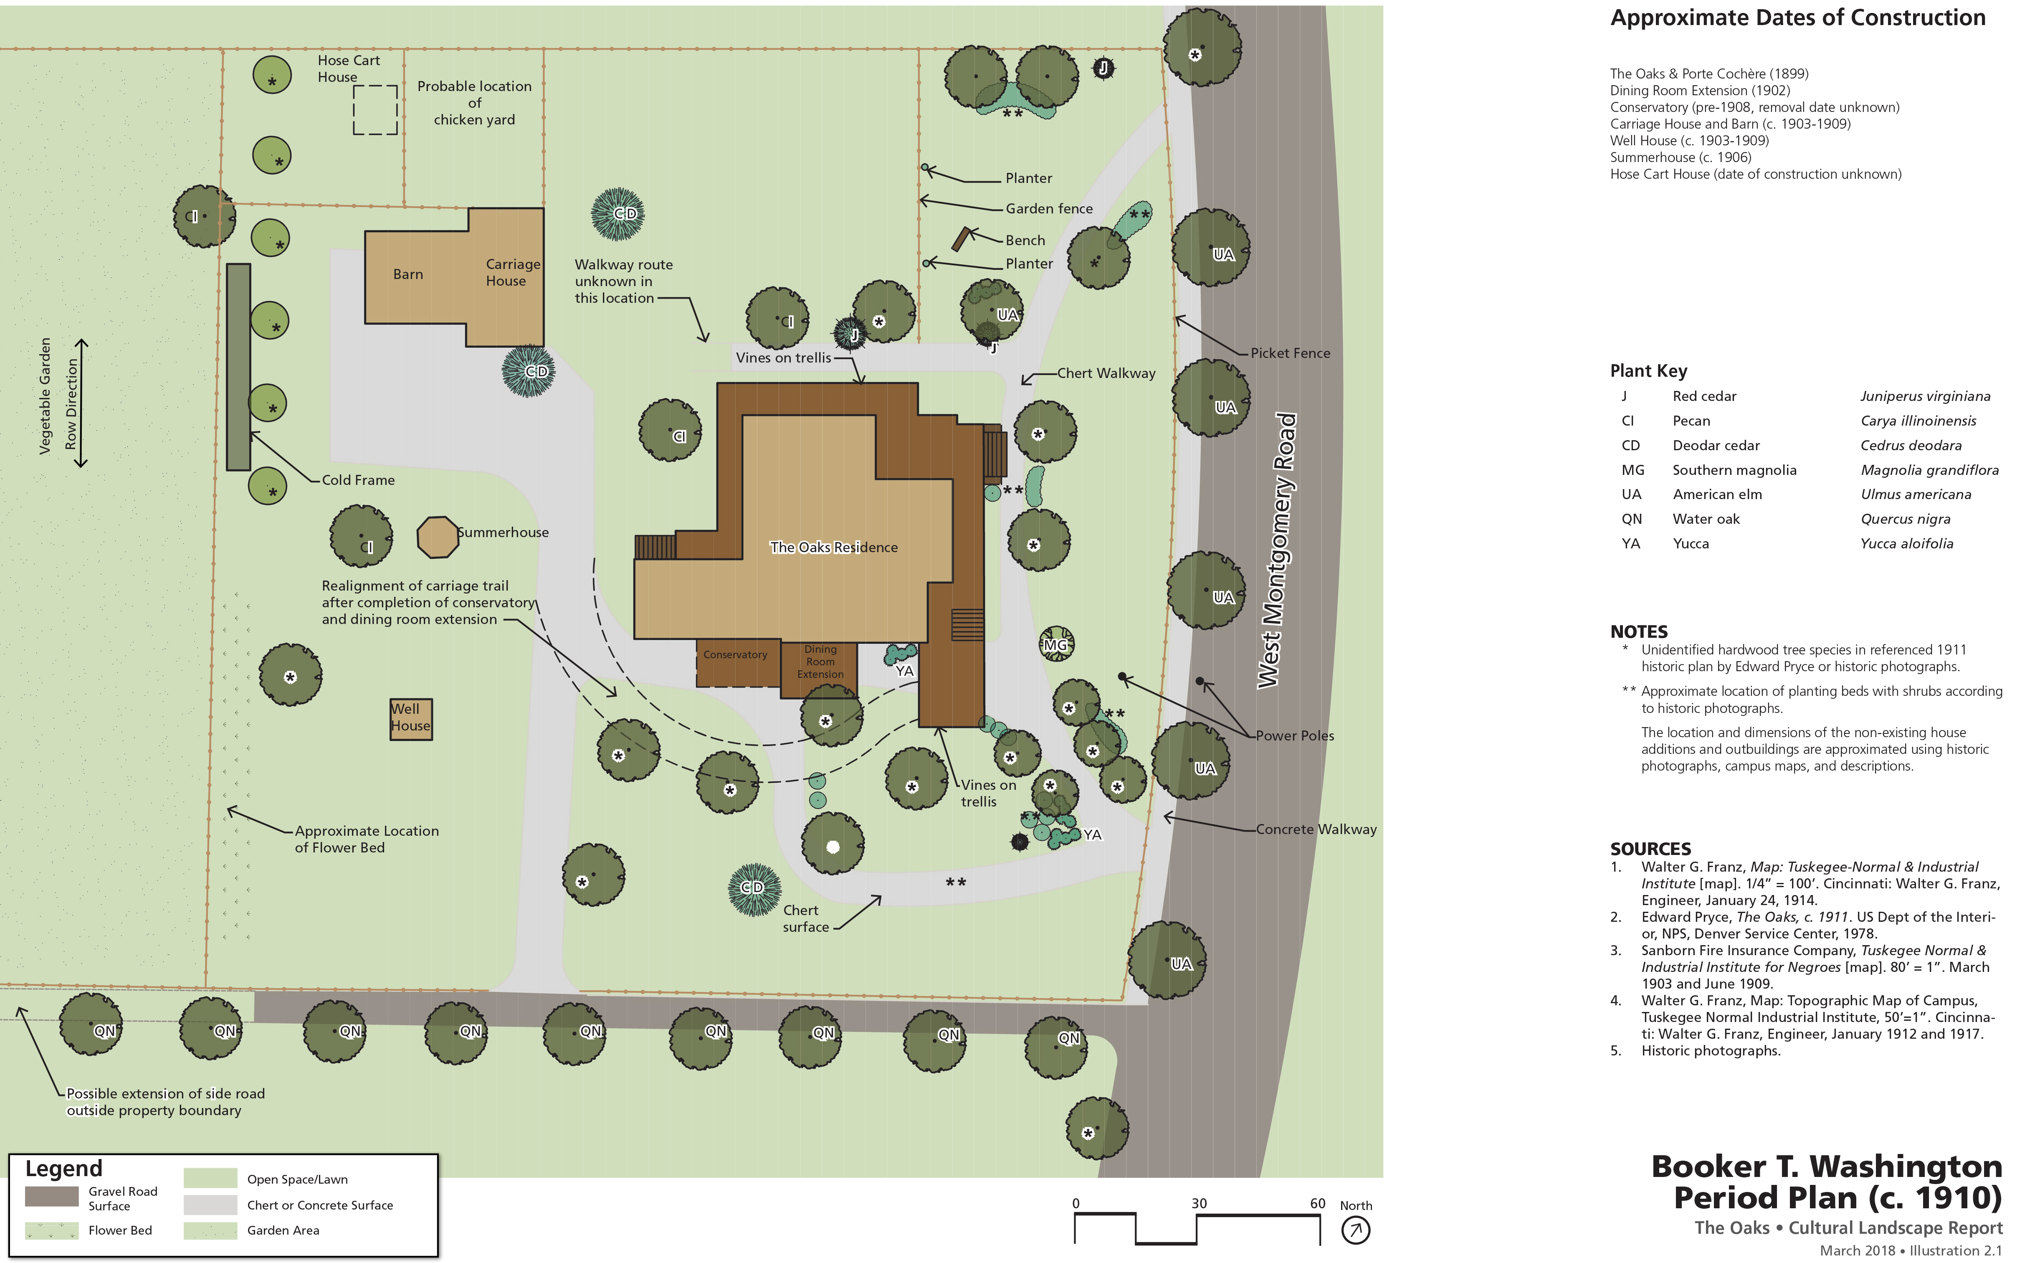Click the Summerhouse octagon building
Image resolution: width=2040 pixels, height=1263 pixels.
(438, 537)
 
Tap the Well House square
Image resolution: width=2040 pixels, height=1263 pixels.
(411, 718)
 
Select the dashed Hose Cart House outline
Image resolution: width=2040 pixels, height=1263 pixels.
(375, 109)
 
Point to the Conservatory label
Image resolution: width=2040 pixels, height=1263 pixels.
(735, 655)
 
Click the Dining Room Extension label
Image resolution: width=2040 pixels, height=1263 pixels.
(820, 662)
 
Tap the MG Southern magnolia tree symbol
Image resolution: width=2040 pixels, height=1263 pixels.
(1056, 644)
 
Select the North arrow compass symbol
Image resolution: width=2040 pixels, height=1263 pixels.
(1355, 1230)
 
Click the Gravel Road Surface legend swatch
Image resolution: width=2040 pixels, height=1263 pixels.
(52, 1197)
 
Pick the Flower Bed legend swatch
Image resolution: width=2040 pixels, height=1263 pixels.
(52, 1230)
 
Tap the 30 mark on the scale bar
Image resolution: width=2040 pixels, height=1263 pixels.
(1198, 1204)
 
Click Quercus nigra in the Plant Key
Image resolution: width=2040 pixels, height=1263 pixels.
(1905, 519)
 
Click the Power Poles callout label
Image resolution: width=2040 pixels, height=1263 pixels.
(1294, 736)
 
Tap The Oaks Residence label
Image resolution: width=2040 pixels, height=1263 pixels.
(833, 547)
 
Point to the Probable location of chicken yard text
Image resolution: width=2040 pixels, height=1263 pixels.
(474, 103)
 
